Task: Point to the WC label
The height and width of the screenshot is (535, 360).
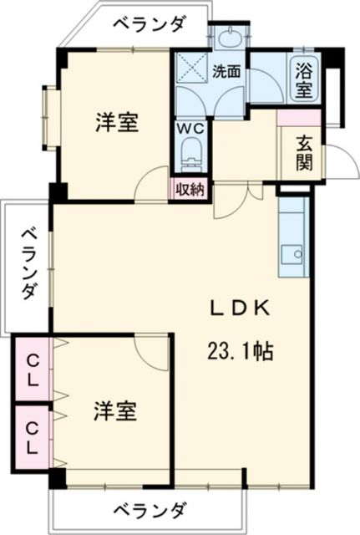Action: (x=190, y=130)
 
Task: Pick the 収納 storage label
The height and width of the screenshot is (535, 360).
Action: (x=190, y=189)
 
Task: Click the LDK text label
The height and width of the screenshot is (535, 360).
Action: (x=239, y=308)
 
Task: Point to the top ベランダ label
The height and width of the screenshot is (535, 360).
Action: (x=149, y=24)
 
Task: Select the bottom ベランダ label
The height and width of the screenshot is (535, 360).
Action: (x=149, y=509)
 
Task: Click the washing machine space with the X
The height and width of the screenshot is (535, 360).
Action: (x=190, y=69)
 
